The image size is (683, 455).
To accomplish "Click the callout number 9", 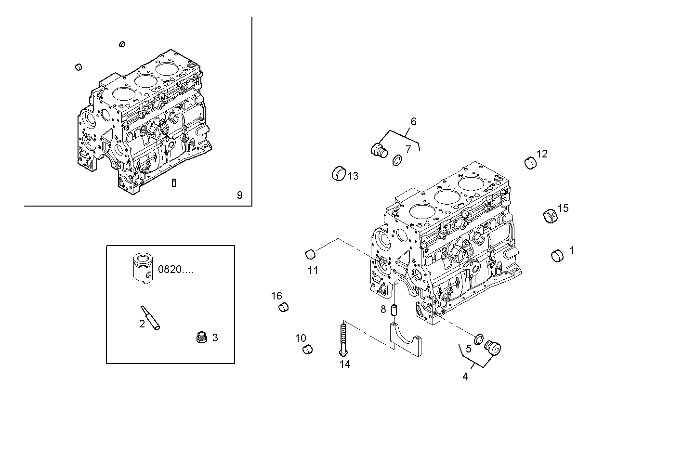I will pyautogui.click(x=239, y=195).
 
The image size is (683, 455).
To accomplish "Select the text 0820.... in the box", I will pyautogui.click(x=176, y=270).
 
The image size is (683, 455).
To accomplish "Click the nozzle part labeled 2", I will pyautogui.click(x=150, y=318).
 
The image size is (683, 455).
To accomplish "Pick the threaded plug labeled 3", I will pyautogui.click(x=201, y=337).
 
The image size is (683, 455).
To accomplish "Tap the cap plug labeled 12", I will pyautogui.click(x=530, y=163).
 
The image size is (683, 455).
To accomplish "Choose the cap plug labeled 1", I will pyautogui.click(x=557, y=256).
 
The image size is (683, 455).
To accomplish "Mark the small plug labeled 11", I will pyautogui.click(x=311, y=253).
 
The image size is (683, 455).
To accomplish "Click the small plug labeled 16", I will pyautogui.click(x=284, y=307).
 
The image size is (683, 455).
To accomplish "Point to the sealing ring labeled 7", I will pyautogui.click(x=397, y=160).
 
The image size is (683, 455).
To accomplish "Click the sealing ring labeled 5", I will pyautogui.click(x=479, y=339).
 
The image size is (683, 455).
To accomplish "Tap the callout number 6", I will pyautogui.click(x=413, y=121).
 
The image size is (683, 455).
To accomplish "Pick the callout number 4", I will pyautogui.click(x=465, y=377).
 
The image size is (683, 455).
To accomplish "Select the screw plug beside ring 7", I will pyautogui.click(x=379, y=150).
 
